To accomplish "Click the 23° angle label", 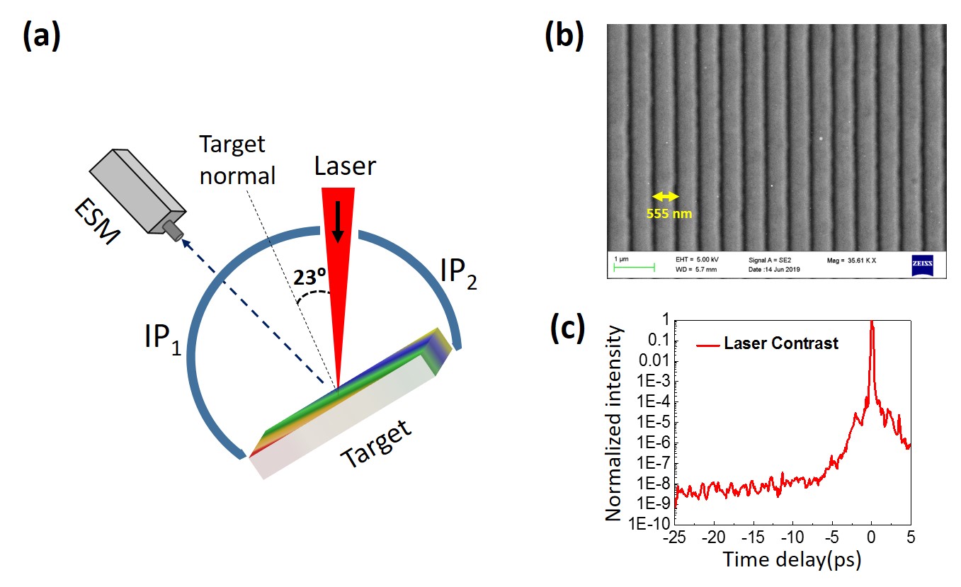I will pos(310,278).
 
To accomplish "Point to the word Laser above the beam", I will pos(346,168).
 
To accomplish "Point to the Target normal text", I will pos(237,159).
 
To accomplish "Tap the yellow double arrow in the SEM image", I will pos(665,196).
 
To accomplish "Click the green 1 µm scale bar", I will pos(634,268).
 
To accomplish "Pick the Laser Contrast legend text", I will pos(780,344).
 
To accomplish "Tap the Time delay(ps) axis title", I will pos(792,562).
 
